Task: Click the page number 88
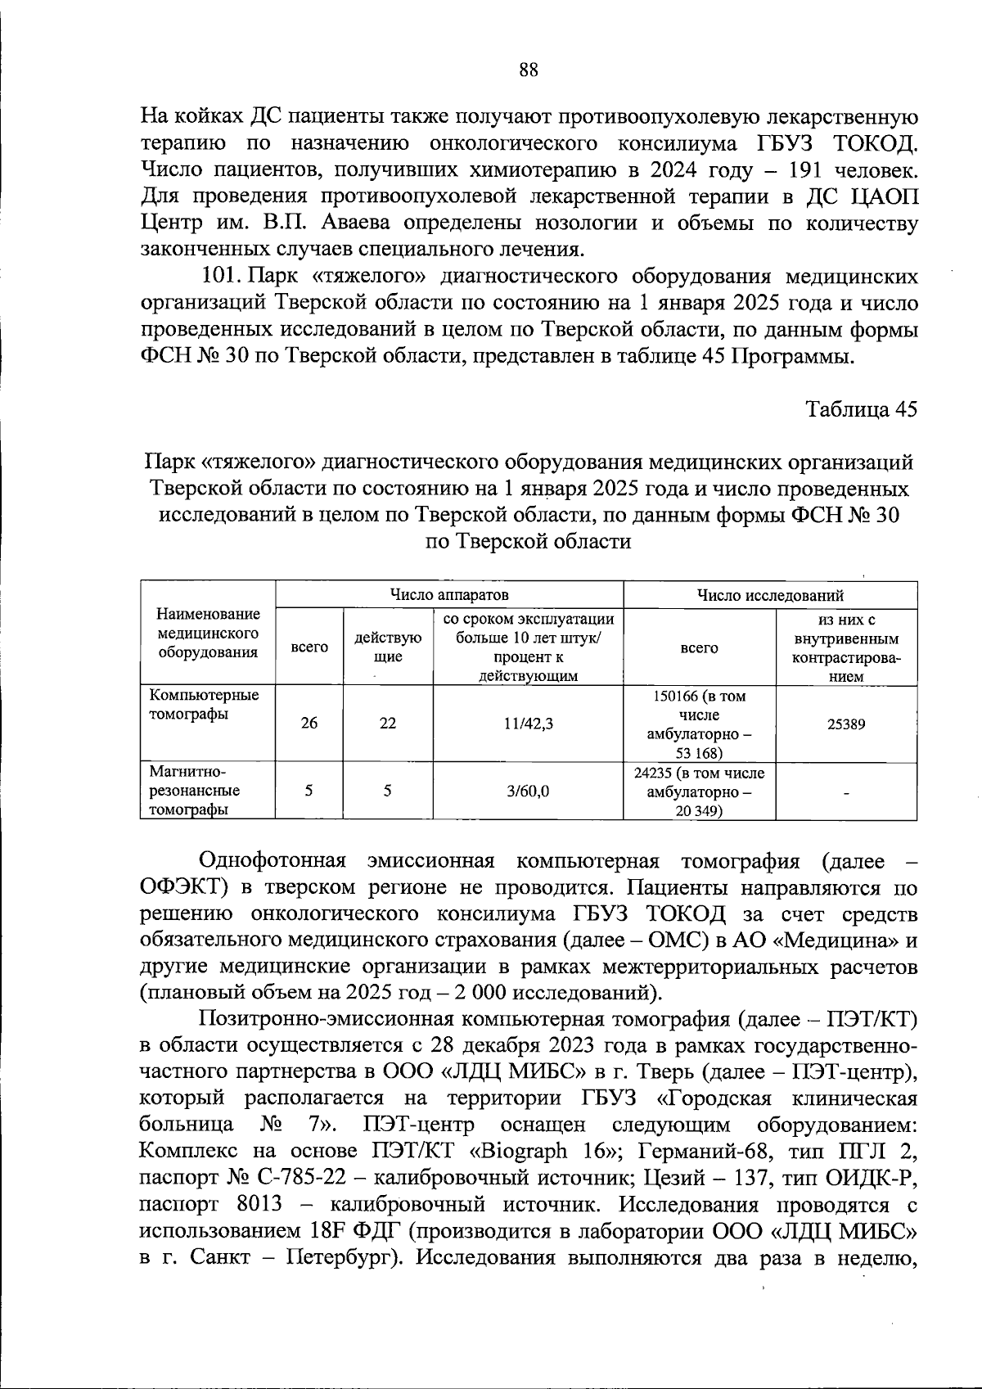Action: pyautogui.click(x=528, y=70)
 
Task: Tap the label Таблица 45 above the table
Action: pyautogui.click(x=862, y=409)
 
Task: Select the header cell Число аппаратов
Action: pyautogui.click(x=449, y=594)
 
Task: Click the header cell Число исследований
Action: pyautogui.click(x=769, y=595)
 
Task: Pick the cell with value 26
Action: pyautogui.click(x=309, y=724)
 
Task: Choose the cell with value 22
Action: pyautogui.click(x=388, y=724)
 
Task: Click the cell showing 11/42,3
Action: pyautogui.click(x=528, y=724)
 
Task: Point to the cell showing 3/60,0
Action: pyautogui.click(x=528, y=791)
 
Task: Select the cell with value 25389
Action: pyautogui.click(x=845, y=724)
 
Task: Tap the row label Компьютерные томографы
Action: pyautogui.click(x=204, y=705)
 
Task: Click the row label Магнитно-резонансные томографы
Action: pyautogui.click(x=195, y=791)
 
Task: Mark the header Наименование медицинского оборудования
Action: pyautogui.click(x=208, y=633)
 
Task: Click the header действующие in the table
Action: pyautogui.click(x=388, y=647)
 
